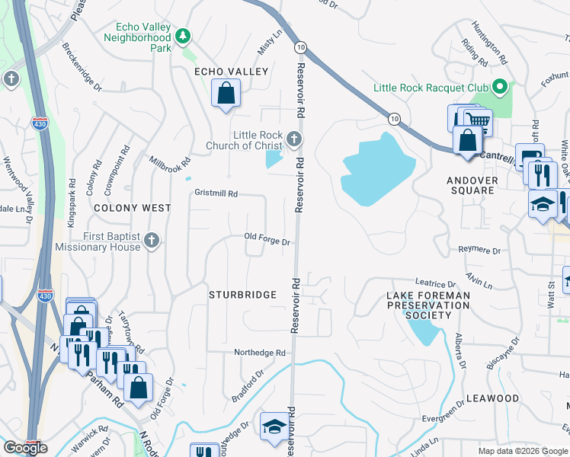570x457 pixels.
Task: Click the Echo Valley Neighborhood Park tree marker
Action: [183, 36]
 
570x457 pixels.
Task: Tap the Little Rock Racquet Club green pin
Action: [499, 87]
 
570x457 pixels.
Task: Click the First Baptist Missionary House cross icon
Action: [151, 241]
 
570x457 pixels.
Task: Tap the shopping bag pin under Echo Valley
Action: [226, 94]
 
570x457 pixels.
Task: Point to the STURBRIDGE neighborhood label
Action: [238, 293]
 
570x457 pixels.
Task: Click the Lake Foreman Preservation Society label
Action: [427, 305]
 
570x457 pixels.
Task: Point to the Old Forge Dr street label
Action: [267, 241]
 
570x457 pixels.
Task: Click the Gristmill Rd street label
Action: [216, 193]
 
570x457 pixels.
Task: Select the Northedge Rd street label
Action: [259, 353]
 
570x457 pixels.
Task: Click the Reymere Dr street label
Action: [479, 250]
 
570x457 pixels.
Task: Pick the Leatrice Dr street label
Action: [434, 282]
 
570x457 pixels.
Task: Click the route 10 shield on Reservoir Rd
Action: [301, 47]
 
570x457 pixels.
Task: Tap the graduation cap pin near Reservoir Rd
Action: [274, 427]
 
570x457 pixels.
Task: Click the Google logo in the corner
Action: [25, 448]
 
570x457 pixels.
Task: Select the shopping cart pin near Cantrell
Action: [478, 120]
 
